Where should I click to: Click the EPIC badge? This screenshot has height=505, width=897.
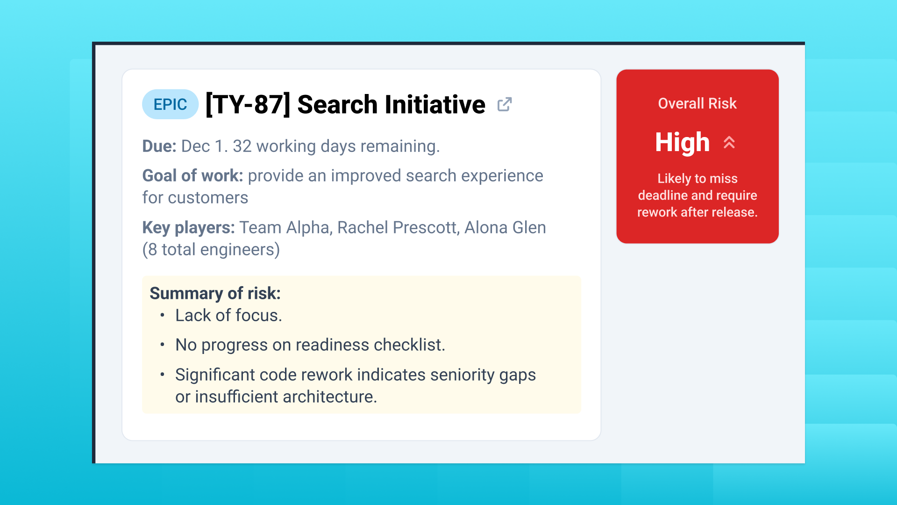[170, 104]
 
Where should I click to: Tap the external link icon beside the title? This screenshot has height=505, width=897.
[505, 104]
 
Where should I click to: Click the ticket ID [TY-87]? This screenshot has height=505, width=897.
[248, 104]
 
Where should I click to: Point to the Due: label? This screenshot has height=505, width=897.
[159, 146]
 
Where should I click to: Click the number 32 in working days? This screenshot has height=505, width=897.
[242, 146]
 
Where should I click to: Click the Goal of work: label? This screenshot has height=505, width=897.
[192, 176]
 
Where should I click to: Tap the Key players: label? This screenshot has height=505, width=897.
[188, 228]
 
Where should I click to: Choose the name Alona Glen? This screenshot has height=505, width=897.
[505, 228]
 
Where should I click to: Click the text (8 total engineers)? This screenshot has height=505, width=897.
[211, 250]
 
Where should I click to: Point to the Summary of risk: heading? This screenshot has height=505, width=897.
[215, 293]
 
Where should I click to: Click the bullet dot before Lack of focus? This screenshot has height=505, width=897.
[162, 316]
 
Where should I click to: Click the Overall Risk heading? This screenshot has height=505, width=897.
[697, 103]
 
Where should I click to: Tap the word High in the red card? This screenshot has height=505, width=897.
[682, 143]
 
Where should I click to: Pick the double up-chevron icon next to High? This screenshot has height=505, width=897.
[729, 142]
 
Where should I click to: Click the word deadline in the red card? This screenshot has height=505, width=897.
[662, 195]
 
